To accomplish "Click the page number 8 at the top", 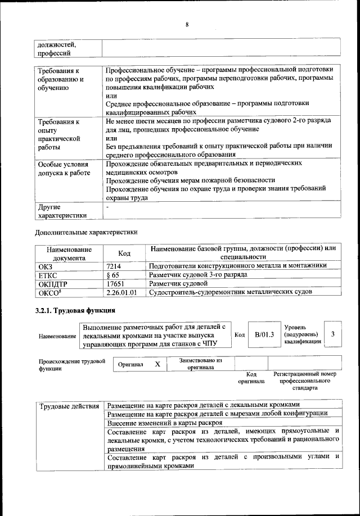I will click(x=186, y=24).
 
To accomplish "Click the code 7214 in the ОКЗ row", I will click(x=114, y=265).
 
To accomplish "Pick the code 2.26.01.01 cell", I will click(x=121, y=293).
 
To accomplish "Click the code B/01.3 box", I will click(x=264, y=334).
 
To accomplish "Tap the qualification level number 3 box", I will click(x=334, y=334).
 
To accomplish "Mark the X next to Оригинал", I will click(x=157, y=364).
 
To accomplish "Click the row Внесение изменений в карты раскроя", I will click(x=165, y=422).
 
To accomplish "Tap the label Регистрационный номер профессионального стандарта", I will click(x=304, y=381).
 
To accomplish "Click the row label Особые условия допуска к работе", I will click(x=64, y=168).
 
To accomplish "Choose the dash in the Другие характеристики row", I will click(x=107, y=207).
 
